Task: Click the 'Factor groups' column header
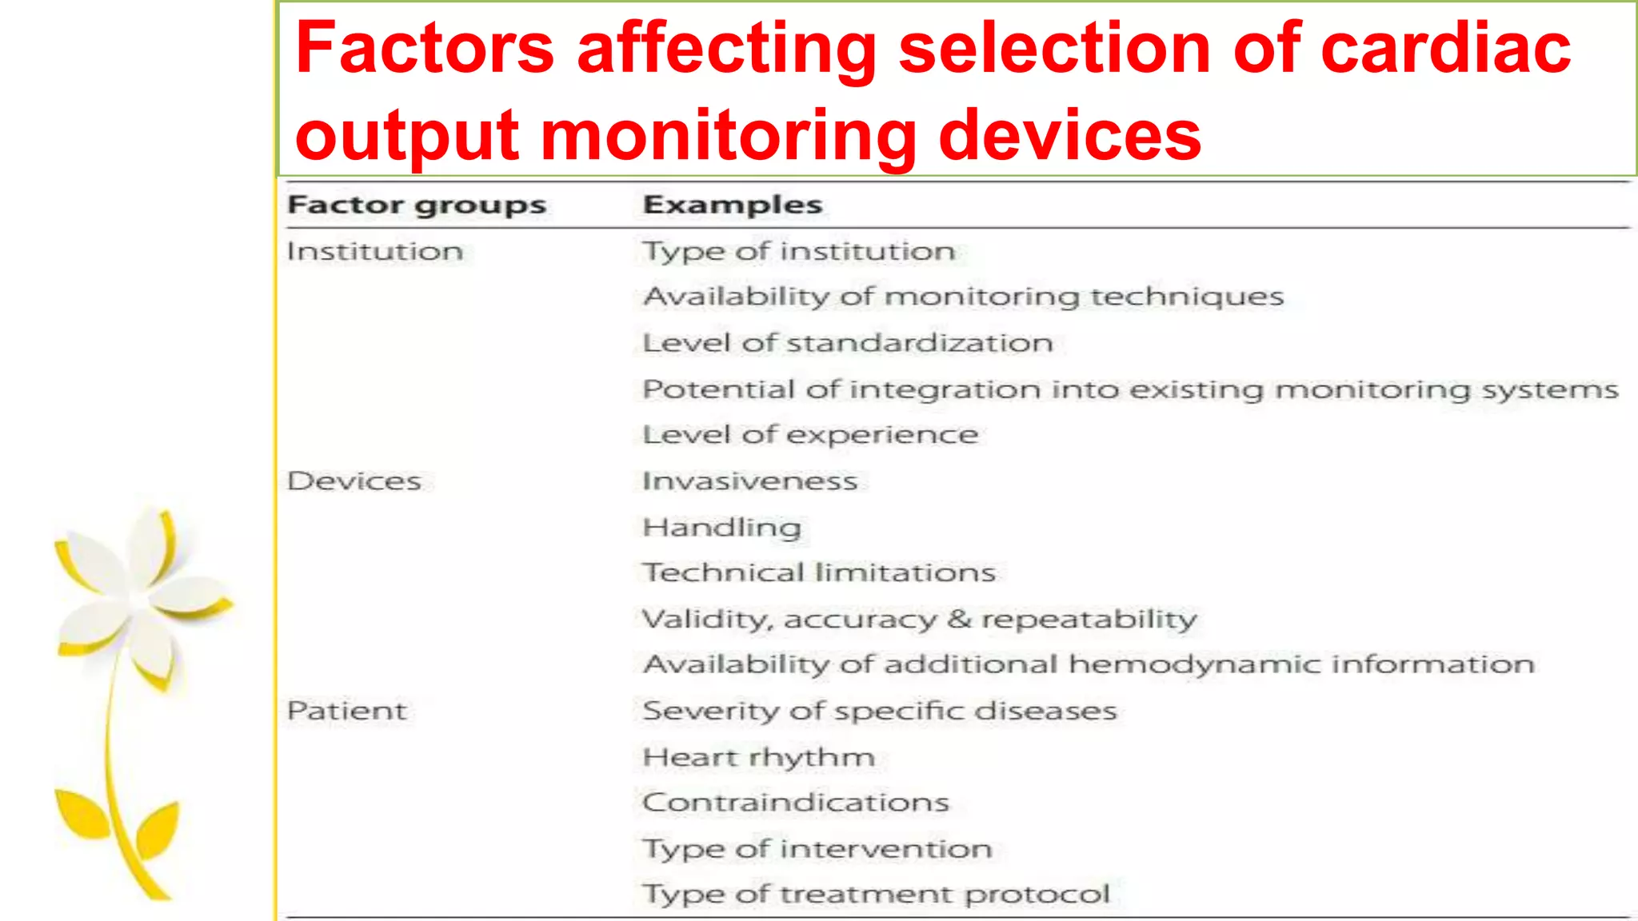tap(416, 205)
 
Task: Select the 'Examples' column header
tap(733, 205)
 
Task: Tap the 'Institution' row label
tap(374, 252)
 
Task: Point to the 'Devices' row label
tap(354, 481)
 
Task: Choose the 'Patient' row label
tap(346, 711)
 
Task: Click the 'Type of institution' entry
tap(799, 252)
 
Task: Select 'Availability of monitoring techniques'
tap(964, 297)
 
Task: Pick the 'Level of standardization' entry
tap(848, 343)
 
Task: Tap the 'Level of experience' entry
tap(810, 435)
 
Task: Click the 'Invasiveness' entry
tap(749, 481)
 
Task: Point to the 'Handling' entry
tap(721, 528)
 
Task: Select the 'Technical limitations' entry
tap(819, 572)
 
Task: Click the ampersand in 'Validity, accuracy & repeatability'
tap(959, 619)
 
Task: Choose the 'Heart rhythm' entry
tap(758, 757)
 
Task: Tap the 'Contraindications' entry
tap(796, 802)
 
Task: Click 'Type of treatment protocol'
tap(877, 894)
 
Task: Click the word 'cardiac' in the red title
tap(1445, 48)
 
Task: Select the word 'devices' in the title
tap(1069, 134)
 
